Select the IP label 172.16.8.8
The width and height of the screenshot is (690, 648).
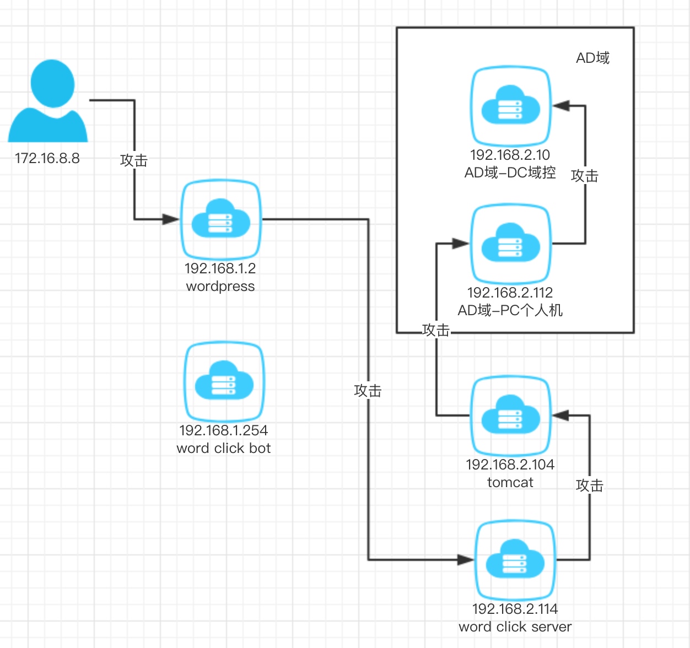(47, 159)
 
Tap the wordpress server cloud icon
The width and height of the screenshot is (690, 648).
(221, 219)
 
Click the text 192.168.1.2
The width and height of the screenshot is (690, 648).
(220, 268)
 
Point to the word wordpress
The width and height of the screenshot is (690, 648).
(220, 287)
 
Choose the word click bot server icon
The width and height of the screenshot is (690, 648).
(224, 381)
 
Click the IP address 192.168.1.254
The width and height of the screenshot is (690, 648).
(224, 430)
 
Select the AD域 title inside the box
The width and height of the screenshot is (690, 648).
(592, 58)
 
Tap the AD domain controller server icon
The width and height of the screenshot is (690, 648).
(510, 106)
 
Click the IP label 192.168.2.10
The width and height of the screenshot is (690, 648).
(510, 155)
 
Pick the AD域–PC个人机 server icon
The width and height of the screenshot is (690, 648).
(510, 244)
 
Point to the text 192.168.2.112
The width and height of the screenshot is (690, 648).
(510, 293)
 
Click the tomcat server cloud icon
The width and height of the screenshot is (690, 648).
(510, 415)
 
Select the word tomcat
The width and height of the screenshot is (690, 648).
(510, 483)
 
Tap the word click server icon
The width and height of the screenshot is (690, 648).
(515, 560)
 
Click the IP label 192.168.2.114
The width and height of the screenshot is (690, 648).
(515, 609)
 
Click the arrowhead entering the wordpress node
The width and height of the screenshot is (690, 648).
(171, 219)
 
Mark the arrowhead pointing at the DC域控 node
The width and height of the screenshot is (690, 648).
(561, 106)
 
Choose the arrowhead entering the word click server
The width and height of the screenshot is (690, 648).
(466, 560)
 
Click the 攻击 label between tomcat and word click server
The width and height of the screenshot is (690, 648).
(590, 485)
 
